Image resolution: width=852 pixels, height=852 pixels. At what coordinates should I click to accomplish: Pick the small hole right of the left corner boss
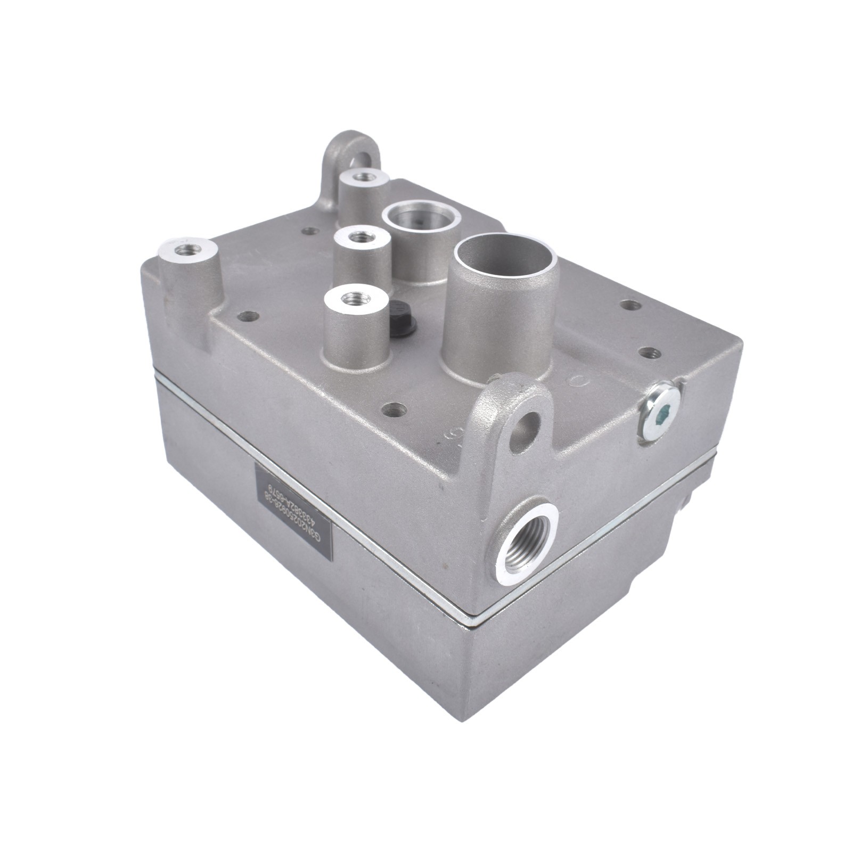coord(245,316)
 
